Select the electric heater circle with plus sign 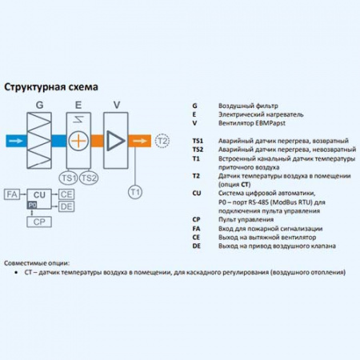click(x=78, y=140)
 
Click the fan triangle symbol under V click(x=116, y=140)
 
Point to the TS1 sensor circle click(x=68, y=177)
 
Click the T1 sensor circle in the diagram click(x=134, y=191)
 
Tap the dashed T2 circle click(x=162, y=141)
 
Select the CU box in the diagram click(x=38, y=194)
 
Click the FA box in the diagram click(x=12, y=194)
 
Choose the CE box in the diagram click(x=66, y=194)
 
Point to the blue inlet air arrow click(x=15, y=141)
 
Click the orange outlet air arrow click(x=141, y=141)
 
